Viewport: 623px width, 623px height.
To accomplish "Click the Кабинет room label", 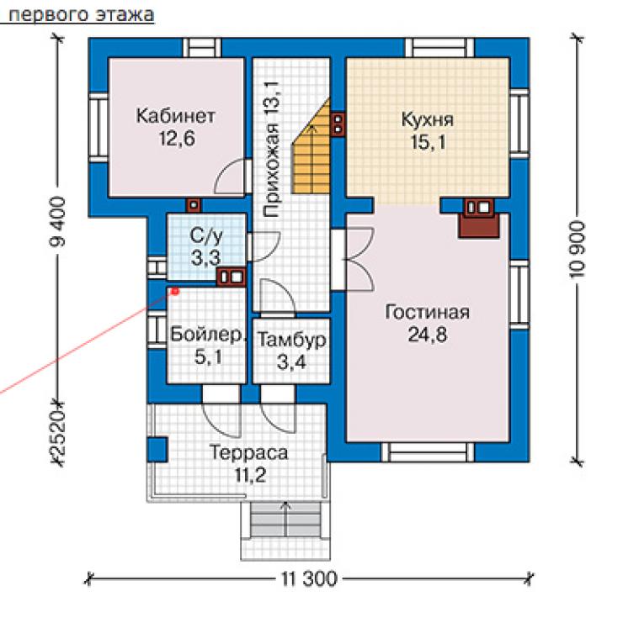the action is [176, 116].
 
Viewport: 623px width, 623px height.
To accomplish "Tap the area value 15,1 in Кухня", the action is [428, 142].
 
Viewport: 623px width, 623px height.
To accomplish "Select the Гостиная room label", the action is [428, 312].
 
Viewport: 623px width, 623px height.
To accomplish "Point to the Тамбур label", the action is [291, 340].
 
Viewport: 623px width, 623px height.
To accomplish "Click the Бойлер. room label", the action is [207, 335].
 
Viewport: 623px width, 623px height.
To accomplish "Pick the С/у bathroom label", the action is [206, 236].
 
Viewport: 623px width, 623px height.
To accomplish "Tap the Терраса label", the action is [248, 452].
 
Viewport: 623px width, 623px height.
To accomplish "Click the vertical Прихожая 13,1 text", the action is [272, 149].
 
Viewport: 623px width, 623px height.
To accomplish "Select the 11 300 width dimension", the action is [310, 579].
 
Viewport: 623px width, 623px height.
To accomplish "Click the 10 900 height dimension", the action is [578, 250].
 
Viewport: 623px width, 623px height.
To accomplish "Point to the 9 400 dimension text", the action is [58, 221].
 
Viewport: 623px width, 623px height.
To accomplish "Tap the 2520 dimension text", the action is [58, 433].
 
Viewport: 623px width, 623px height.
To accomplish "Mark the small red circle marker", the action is [175, 292].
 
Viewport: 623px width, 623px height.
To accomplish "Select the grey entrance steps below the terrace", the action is [285, 520].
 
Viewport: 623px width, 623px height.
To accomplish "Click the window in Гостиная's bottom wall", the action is [428, 452].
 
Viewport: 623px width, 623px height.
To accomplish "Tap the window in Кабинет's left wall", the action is [98, 128].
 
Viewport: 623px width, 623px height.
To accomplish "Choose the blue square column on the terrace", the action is [157, 449].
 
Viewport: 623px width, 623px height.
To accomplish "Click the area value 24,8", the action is [428, 335].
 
